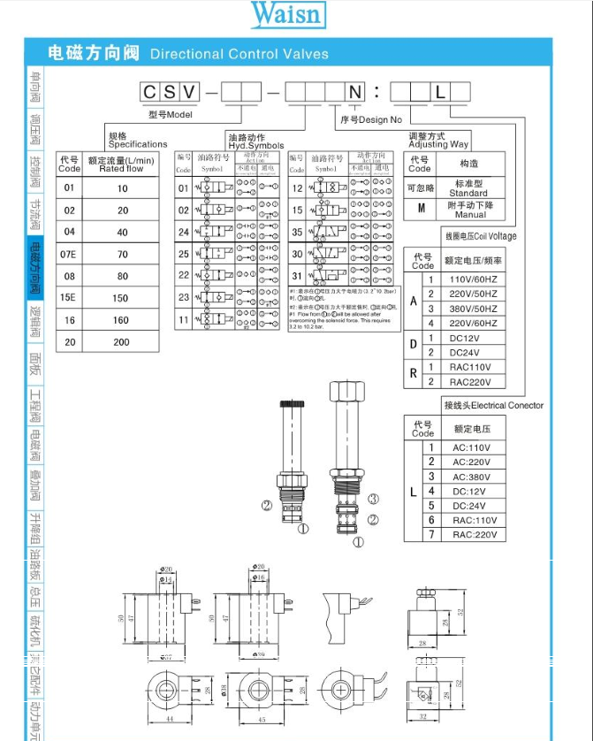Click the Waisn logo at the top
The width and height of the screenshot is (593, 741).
[x=287, y=15]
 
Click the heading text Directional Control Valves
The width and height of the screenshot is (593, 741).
[x=239, y=54]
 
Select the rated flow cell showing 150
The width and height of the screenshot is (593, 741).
[x=121, y=298]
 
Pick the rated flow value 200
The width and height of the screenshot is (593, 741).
[x=121, y=342]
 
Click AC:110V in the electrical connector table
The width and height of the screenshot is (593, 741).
[x=471, y=447]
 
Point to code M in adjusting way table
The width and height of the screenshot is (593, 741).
[x=422, y=210]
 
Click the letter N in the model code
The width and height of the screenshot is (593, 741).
[x=354, y=93]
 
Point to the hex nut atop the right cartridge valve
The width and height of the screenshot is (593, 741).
[x=341, y=392]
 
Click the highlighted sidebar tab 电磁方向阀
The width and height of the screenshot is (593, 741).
[x=35, y=268]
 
